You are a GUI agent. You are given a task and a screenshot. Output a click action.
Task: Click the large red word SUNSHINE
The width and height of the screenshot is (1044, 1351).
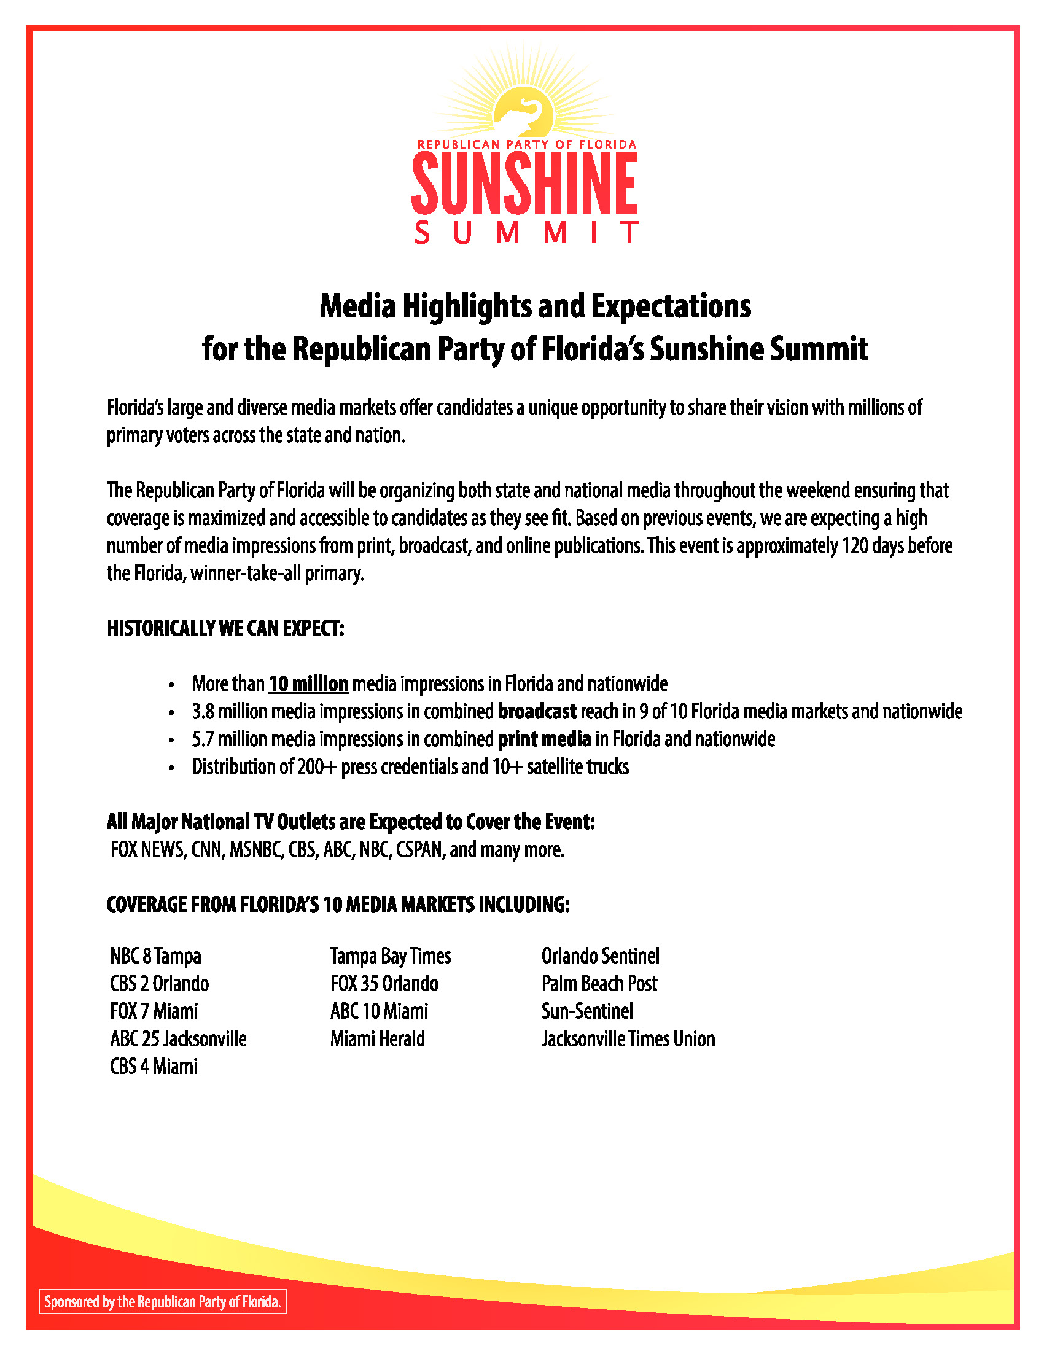(x=524, y=183)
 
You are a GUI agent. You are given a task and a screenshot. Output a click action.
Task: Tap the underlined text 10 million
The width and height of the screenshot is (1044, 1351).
(x=308, y=683)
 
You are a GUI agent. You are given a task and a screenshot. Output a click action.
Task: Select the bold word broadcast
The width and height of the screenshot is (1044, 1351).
(x=537, y=711)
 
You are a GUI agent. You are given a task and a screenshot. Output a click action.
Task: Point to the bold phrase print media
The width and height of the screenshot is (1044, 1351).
(x=544, y=739)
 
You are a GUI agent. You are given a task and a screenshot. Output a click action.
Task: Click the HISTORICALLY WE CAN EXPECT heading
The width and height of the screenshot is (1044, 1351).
(x=225, y=628)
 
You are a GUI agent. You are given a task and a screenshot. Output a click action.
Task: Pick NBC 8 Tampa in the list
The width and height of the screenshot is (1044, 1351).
(x=156, y=956)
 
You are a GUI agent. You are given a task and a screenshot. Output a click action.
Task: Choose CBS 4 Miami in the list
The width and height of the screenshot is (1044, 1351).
(x=154, y=1066)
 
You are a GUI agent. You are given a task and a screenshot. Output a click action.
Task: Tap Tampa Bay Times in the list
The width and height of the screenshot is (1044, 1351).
(x=390, y=956)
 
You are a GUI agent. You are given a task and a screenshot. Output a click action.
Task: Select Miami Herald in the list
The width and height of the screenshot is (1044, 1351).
(x=377, y=1038)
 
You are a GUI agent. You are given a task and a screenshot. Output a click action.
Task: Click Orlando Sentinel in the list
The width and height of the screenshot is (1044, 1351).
(x=600, y=956)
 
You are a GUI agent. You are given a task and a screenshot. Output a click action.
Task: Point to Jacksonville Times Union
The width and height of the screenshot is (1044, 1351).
(x=628, y=1038)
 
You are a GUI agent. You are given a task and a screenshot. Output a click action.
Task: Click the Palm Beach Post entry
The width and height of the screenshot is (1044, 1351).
(x=599, y=984)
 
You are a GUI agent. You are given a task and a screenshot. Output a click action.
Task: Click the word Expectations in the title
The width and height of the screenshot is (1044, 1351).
(x=671, y=306)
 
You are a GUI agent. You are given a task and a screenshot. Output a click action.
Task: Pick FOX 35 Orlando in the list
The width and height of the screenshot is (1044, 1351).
(x=384, y=984)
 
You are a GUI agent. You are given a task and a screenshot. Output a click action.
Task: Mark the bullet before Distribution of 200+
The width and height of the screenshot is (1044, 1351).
(x=171, y=768)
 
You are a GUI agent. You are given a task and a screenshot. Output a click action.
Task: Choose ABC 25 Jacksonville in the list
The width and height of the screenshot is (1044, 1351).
(x=178, y=1038)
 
